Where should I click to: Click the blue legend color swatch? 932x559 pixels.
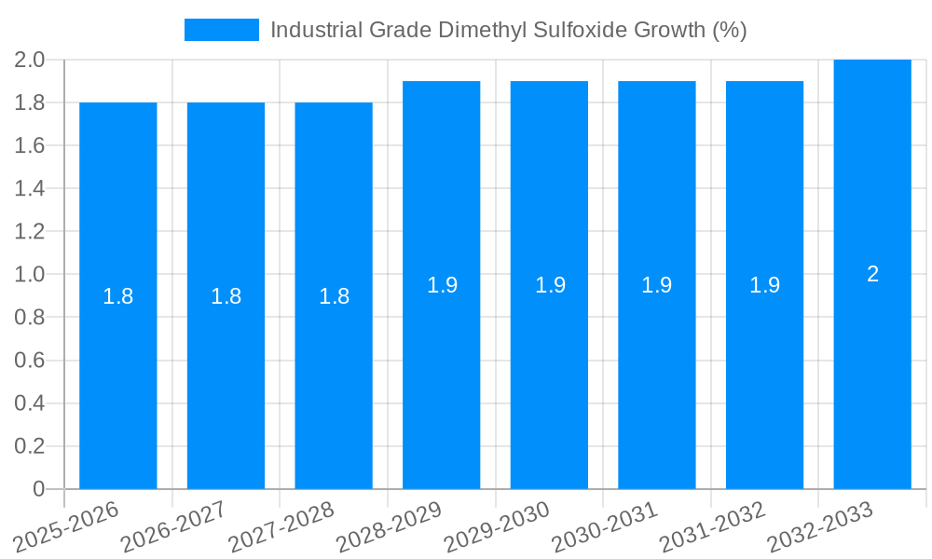pyautogui.click(x=222, y=30)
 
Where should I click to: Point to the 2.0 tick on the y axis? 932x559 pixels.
pyautogui.click(x=30, y=61)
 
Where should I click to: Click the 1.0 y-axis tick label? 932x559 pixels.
pyautogui.click(x=30, y=275)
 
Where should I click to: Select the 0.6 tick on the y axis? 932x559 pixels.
pyautogui.click(x=30, y=361)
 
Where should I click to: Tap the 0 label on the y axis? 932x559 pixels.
pyautogui.click(x=38, y=489)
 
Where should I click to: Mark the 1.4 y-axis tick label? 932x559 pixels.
pyautogui.click(x=30, y=189)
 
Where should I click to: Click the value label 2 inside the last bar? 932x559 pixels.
pyautogui.click(x=872, y=274)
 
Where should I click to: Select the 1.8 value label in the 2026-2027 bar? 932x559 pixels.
pyautogui.click(x=226, y=296)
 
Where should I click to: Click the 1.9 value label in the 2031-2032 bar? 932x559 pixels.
pyautogui.click(x=764, y=285)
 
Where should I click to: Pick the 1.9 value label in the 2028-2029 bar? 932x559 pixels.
pyautogui.click(x=442, y=285)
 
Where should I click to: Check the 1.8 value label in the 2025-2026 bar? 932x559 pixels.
pyautogui.click(x=118, y=296)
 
